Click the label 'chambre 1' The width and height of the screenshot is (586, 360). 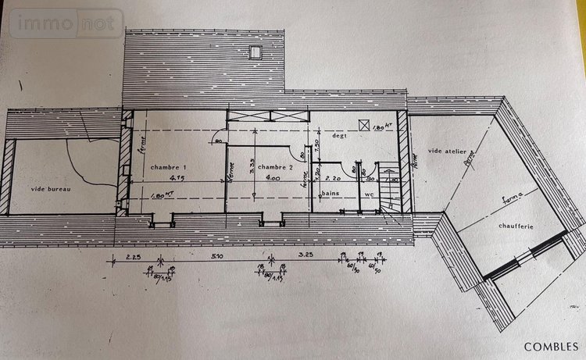coord(169,168)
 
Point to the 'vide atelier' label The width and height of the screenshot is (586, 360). coord(448,150)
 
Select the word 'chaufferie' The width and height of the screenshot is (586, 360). coord(516,226)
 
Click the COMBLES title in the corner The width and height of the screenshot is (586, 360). coord(551,346)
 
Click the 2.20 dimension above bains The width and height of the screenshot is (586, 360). coord(334,179)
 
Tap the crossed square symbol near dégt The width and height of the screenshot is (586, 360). coord(363,124)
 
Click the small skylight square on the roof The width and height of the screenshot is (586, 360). coord(254,52)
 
